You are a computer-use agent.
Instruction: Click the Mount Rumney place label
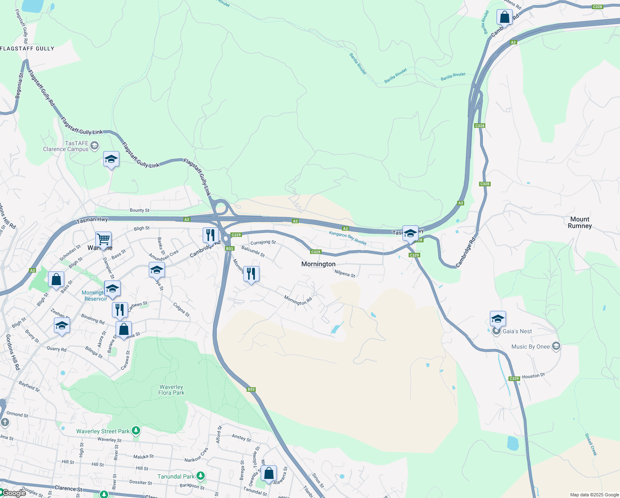579,222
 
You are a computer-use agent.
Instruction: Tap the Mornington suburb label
318,264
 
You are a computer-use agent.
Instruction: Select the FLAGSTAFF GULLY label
27,49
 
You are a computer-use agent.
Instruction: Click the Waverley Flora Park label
171,390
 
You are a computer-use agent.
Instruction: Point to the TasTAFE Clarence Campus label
66,146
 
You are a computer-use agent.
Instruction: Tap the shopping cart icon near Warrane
103,239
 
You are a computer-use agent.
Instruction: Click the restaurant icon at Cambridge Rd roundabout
211,235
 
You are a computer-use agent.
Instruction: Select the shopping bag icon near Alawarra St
269,473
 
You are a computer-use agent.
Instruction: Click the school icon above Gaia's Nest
498,319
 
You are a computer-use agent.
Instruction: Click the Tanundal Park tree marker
201,476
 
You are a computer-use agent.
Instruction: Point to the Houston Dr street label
533,376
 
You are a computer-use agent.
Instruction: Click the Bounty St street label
140,210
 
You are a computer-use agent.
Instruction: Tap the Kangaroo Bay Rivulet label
348,238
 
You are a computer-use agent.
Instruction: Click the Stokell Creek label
591,444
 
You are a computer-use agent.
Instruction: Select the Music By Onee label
530,347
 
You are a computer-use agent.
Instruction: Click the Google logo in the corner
14,493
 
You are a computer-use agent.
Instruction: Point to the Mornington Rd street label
298,300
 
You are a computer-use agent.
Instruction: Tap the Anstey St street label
241,437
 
